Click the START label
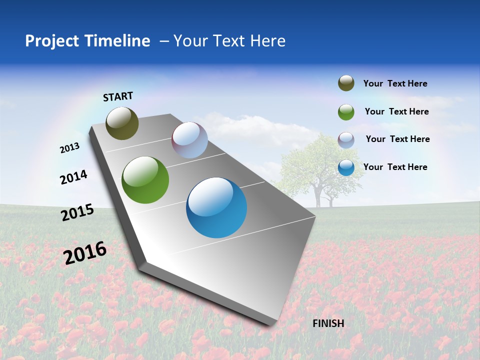(x=118, y=96)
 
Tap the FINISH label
(x=328, y=323)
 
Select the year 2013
(x=70, y=148)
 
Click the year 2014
(x=73, y=177)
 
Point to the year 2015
(x=77, y=212)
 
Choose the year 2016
(x=85, y=253)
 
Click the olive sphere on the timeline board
(x=122, y=123)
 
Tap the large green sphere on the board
(x=145, y=180)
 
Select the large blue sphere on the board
(x=216, y=207)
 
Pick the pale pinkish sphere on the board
(x=189, y=140)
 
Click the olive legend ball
(x=346, y=83)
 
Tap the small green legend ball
(x=346, y=112)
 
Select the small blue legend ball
(x=346, y=167)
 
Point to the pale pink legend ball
(x=346, y=139)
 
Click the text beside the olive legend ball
(x=395, y=83)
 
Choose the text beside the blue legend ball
(x=395, y=167)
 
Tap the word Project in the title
(x=48, y=41)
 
